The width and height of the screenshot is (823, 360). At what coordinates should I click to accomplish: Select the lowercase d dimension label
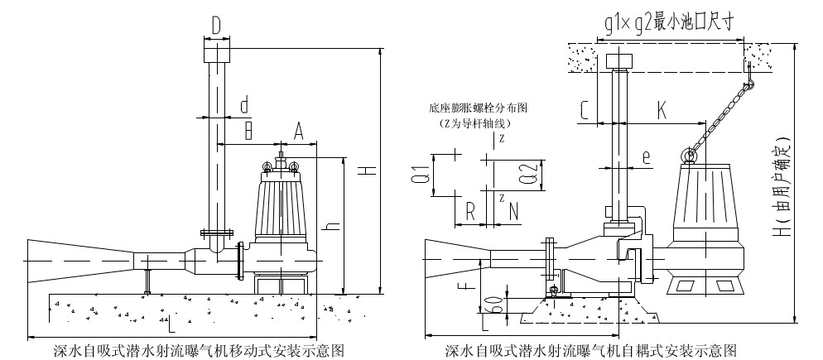coord(244,105)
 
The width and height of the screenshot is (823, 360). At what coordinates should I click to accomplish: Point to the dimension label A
coord(299,130)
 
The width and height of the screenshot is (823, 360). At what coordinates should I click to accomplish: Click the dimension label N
coord(514,211)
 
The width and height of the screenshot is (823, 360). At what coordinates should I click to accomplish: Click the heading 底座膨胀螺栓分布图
coord(479,108)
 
